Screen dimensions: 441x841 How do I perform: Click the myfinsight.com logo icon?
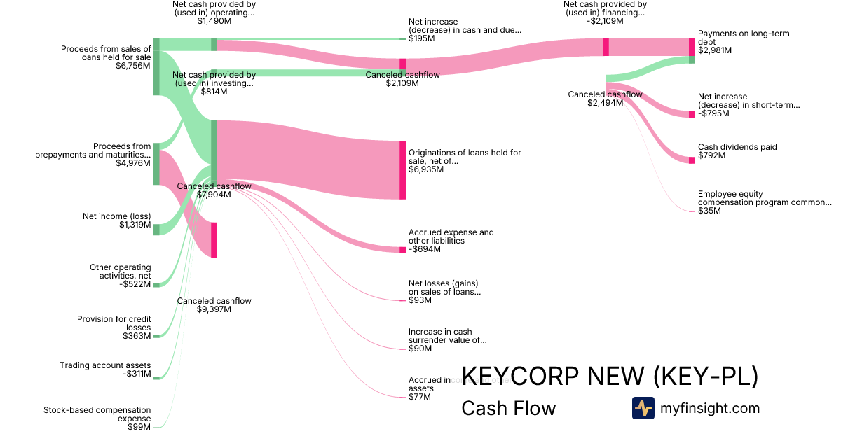point(643,408)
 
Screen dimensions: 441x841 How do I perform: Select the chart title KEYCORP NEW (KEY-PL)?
point(609,377)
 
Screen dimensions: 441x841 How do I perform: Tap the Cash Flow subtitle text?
point(508,408)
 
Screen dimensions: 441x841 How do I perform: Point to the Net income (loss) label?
point(116,216)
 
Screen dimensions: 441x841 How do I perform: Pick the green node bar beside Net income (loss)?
point(156,230)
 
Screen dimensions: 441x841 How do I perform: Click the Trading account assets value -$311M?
point(137,374)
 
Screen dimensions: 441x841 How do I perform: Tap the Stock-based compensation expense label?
point(97,414)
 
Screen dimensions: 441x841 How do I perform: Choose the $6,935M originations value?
point(426,169)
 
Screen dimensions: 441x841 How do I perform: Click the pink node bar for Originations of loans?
point(403,170)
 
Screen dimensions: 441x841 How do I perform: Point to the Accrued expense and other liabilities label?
point(451,237)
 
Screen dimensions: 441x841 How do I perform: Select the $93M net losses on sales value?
point(420,300)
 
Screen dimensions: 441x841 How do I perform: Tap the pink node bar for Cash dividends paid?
point(692,160)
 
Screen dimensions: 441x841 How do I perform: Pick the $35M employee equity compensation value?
point(709,210)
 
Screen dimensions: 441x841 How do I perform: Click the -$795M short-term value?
point(712,113)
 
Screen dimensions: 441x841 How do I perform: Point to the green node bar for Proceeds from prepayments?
point(156,164)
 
